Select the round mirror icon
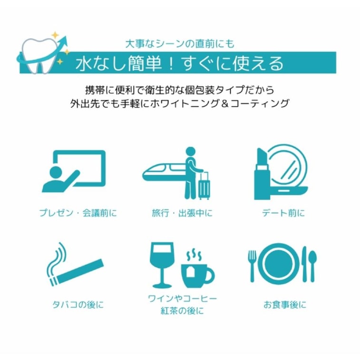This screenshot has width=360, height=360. (289, 170)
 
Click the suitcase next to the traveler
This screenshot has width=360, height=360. (204, 186)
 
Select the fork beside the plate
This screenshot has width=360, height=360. (253, 266)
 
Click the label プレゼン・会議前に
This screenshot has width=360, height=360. (78, 213)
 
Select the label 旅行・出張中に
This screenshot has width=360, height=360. (182, 213)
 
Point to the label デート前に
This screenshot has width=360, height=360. (283, 213)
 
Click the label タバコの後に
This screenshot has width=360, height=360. (78, 305)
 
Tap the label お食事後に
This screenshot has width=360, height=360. (285, 305)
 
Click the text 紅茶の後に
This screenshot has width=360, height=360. (182, 311)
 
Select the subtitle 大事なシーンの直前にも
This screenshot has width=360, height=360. (180, 44)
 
